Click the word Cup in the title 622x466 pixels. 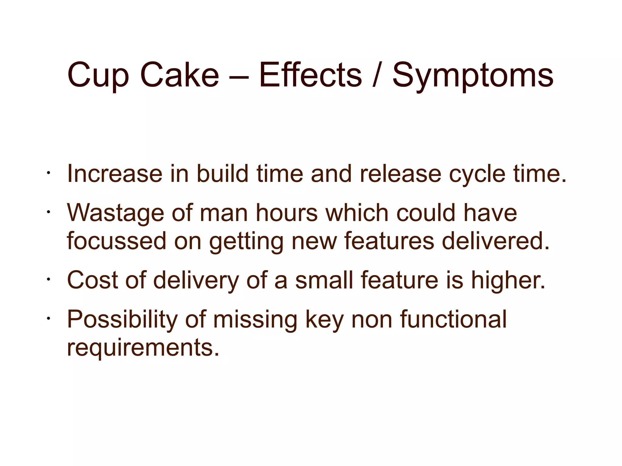[x=98, y=75]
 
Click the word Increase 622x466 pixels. [x=115, y=174]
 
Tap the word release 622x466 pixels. [x=400, y=174]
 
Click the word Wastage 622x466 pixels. [x=115, y=213]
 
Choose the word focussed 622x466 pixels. [x=117, y=241]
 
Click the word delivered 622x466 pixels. [x=495, y=241]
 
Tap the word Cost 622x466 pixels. [x=92, y=280]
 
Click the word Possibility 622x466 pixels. [x=122, y=319]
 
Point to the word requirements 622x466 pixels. [x=143, y=347]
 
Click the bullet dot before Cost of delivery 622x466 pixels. [x=48, y=280]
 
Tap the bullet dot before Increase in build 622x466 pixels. [x=48, y=173]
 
